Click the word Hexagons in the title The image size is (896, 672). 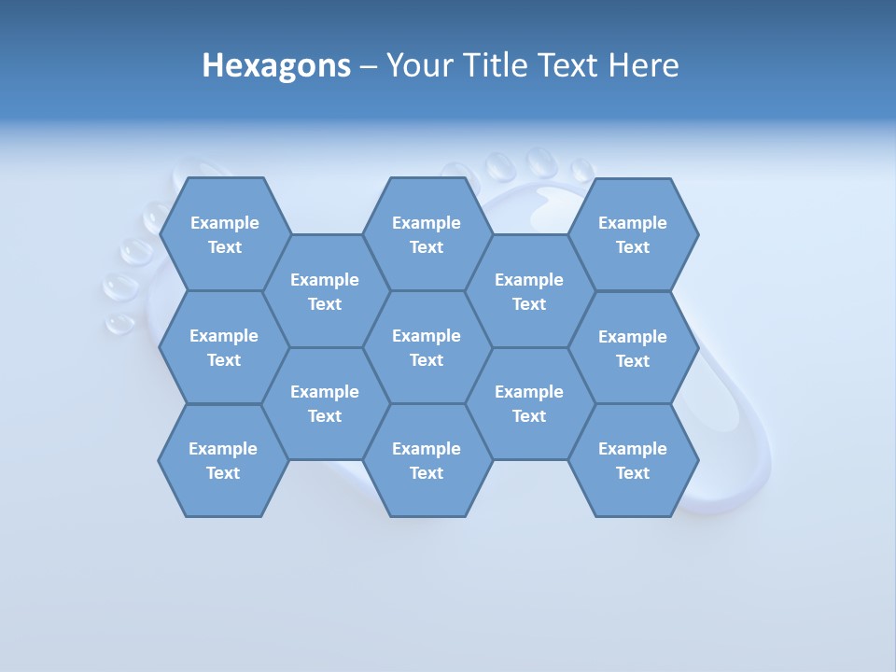pos(276,65)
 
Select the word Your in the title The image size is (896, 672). pos(413,65)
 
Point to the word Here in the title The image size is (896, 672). pos(643,65)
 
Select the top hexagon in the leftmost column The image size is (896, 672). pos(224,234)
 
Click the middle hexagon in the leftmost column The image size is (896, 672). pos(224,347)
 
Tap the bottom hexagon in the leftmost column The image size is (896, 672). pos(223,460)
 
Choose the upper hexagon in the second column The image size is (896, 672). pos(325,291)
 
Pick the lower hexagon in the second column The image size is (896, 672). pos(325,403)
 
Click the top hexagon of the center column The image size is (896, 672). pos(427,234)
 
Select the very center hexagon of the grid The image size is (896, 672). pos(427,347)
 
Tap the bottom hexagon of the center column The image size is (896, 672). pos(427,460)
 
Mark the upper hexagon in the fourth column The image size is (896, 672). pos(529,291)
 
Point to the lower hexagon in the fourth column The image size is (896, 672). pos(529,403)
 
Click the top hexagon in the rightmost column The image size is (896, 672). pos(633,234)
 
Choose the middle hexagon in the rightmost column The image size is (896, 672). pos(633,348)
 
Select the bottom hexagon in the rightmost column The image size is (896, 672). pos(633,460)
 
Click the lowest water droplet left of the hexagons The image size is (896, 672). pos(119,323)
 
